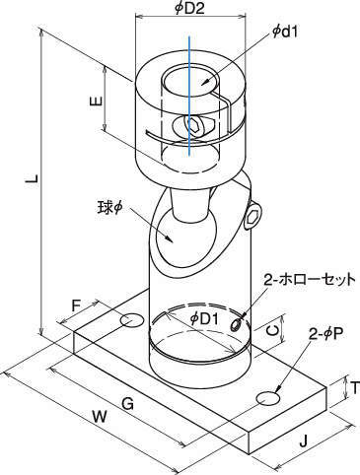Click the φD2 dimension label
[189, 8]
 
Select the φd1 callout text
[285, 33]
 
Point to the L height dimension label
[33, 179]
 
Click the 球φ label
[109, 207]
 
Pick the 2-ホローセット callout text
[310, 279]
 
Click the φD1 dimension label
[204, 319]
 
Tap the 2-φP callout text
[325, 335]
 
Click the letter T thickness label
[355, 388]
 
